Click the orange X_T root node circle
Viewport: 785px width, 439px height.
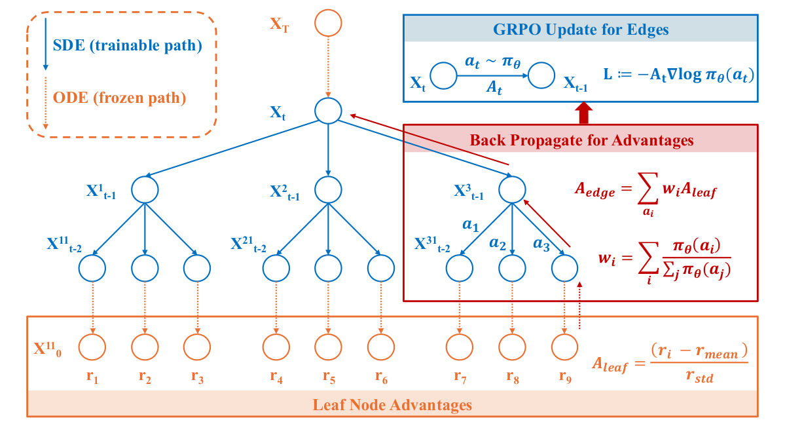pos(328,24)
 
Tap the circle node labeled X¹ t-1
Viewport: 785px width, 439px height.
pos(145,190)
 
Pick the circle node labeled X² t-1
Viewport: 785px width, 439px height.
pos(328,190)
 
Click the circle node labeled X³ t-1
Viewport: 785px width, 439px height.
pos(511,190)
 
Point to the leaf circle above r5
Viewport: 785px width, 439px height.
pos(328,345)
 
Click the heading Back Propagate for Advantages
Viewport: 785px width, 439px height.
pos(581,140)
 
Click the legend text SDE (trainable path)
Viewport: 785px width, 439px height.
pos(126,46)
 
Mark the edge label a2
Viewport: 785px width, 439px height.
pos(498,242)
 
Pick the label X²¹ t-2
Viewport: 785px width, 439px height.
pos(248,245)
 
